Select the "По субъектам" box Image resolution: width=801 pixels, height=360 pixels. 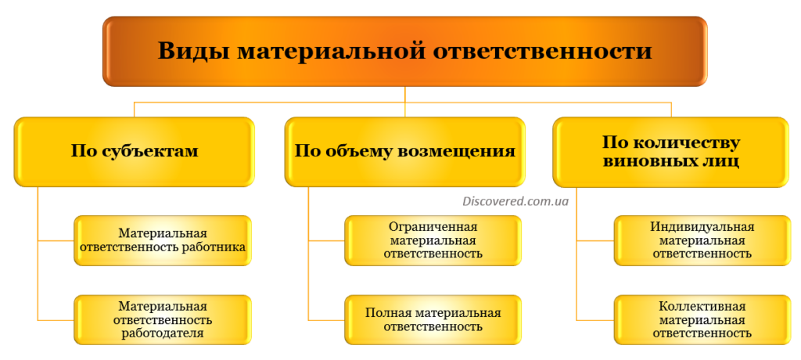(x=135, y=151)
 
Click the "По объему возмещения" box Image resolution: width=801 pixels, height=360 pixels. (x=404, y=151)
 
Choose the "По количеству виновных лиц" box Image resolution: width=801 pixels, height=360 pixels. (x=670, y=152)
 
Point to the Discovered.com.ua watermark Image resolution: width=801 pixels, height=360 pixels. (x=515, y=201)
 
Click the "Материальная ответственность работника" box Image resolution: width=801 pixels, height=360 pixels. (x=163, y=240)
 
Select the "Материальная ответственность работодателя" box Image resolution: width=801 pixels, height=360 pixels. (x=163, y=319)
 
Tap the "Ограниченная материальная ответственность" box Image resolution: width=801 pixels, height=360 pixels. (x=433, y=240)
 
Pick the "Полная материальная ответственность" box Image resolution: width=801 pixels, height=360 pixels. (x=433, y=319)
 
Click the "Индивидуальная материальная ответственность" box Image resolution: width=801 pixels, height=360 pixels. (x=701, y=240)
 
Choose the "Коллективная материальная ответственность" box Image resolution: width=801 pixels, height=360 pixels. (x=701, y=319)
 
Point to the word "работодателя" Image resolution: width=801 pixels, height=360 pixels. (x=163, y=333)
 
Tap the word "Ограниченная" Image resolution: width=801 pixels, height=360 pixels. (x=433, y=227)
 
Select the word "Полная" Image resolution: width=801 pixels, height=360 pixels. (x=388, y=312)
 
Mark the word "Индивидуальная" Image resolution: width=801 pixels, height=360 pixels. (x=702, y=227)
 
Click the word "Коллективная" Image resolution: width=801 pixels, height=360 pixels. (x=702, y=306)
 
